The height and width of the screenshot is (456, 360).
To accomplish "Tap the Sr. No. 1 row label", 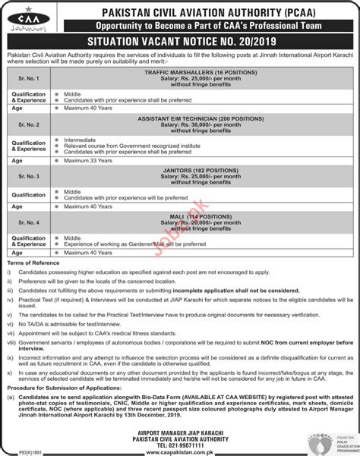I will pyautogui.click(x=28, y=78).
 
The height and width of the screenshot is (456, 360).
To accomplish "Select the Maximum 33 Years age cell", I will pyautogui.click(x=89, y=162).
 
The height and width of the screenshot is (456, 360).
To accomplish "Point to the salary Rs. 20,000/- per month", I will pyautogui.click(x=201, y=222).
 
